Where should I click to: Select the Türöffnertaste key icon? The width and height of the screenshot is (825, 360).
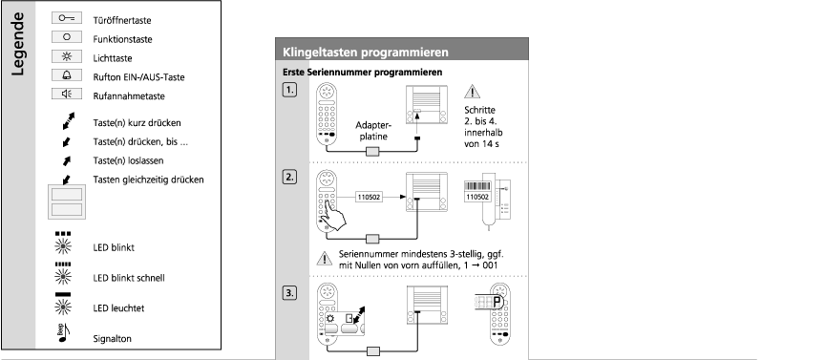click(x=66, y=18)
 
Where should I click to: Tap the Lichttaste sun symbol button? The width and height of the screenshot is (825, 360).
click(x=66, y=56)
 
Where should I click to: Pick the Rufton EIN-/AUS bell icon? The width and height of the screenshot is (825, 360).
click(x=66, y=75)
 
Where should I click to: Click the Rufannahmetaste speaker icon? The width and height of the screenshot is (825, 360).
click(x=66, y=95)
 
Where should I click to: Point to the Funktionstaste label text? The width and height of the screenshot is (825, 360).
click(x=122, y=39)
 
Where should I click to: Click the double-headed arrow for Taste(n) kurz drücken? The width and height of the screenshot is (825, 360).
click(x=68, y=120)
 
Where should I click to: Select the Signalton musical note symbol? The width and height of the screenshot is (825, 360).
click(x=63, y=333)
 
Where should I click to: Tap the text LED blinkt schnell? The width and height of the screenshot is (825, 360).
click(x=129, y=278)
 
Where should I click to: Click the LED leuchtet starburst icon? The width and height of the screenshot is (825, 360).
click(x=63, y=307)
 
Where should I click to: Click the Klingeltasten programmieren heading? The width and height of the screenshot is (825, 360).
click(x=366, y=53)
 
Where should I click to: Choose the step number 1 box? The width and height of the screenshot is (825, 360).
click(x=289, y=90)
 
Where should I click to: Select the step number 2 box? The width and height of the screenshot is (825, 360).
click(x=289, y=178)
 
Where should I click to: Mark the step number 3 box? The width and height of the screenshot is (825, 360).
click(x=289, y=293)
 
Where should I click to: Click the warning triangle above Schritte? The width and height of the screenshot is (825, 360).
click(x=472, y=92)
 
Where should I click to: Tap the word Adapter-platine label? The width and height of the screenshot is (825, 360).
click(x=373, y=131)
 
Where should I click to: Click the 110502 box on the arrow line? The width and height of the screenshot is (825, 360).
click(x=369, y=197)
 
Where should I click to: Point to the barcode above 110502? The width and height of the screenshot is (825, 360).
click(x=477, y=186)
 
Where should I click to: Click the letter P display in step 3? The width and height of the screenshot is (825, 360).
click(x=497, y=303)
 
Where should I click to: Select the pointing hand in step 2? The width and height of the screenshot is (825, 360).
click(x=334, y=215)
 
